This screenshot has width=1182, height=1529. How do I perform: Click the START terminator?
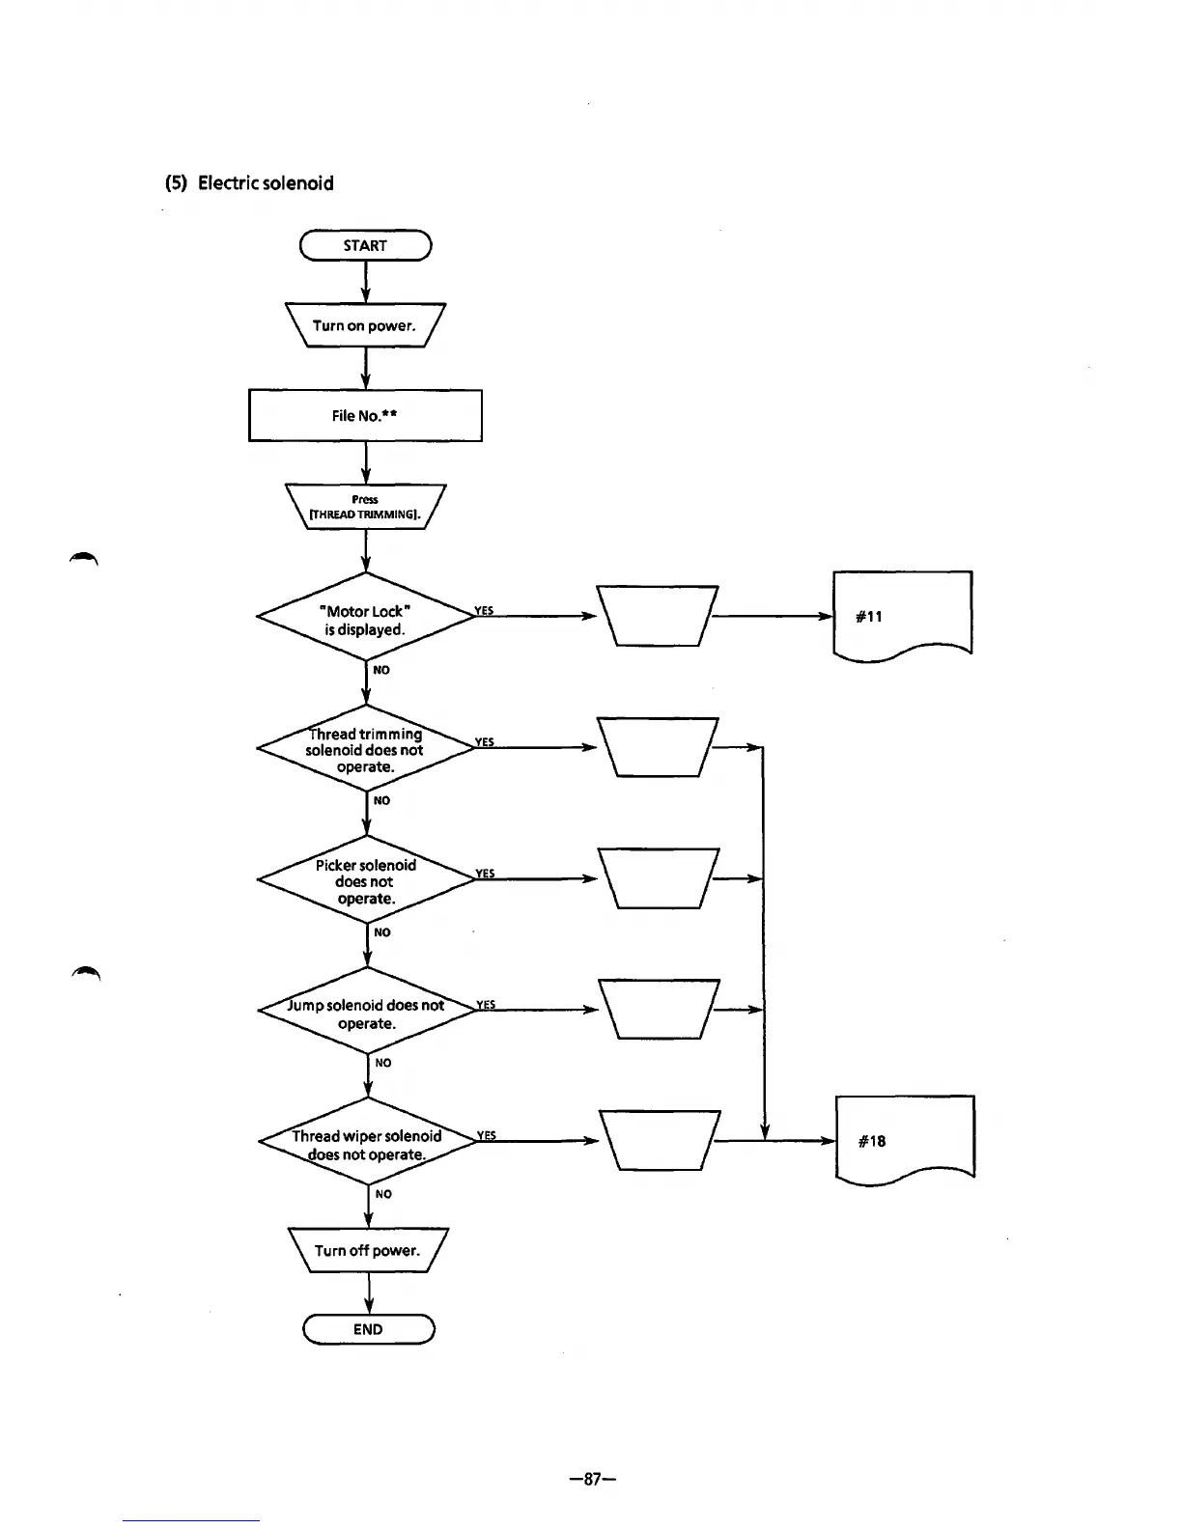tap(365, 246)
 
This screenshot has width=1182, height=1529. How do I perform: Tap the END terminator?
tap(368, 1329)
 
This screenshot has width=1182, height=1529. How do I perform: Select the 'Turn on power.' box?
tap(365, 325)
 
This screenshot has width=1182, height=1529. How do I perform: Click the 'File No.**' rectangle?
tap(365, 415)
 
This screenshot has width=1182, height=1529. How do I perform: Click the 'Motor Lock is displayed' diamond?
tap(366, 620)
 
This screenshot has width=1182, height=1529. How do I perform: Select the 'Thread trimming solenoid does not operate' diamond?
tap(366, 750)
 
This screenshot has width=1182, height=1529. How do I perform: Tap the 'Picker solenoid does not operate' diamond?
tap(366, 881)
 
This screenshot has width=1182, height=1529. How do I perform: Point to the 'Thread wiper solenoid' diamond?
tap(368, 1144)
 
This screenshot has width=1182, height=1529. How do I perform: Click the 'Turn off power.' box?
tap(368, 1250)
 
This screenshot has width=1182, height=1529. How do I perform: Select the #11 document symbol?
tap(901, 615)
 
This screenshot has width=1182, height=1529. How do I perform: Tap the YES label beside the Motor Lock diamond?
tap(484, 610)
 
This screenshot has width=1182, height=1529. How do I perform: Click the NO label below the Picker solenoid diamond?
tap(382, 931)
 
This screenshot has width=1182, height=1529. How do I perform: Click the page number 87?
tap(592, 1478)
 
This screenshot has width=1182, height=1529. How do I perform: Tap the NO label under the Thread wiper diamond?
tap(383, 1194)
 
